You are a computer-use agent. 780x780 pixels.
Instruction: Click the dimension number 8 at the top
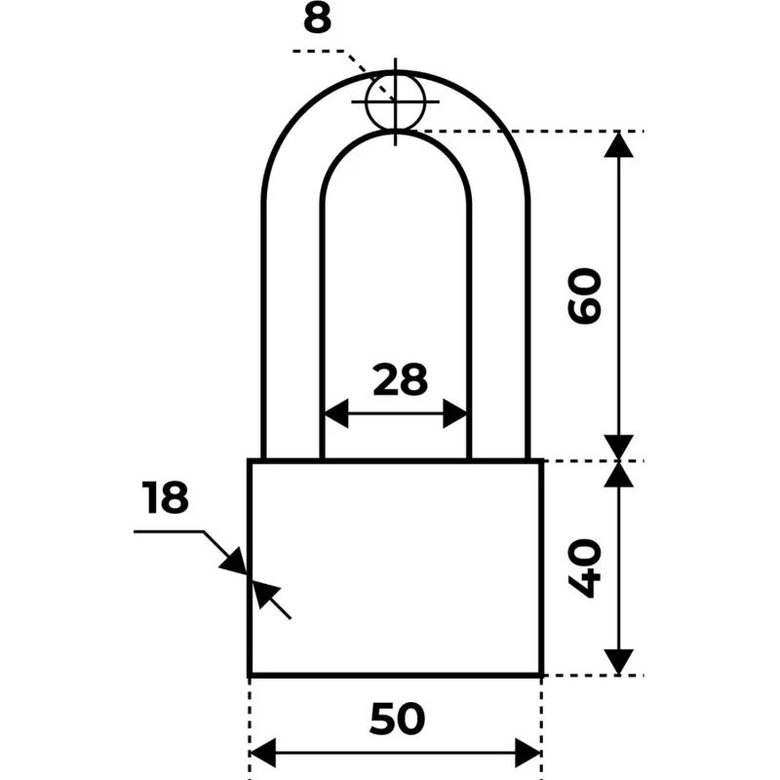point(318,19)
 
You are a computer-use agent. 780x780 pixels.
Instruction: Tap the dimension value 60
point(584,296)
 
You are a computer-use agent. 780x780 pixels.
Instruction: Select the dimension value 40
point(584,568)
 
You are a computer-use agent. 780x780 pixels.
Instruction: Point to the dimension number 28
point(400,380)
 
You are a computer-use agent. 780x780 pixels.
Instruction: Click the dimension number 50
point(398,719)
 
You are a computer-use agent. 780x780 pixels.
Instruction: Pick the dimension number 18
point(165,497)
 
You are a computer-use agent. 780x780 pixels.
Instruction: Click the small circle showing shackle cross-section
point(396,101)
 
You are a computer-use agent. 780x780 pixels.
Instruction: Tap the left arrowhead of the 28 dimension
point(336,412)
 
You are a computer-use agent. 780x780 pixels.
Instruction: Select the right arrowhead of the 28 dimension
point(455,412)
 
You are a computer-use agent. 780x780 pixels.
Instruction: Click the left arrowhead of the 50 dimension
point(262,753)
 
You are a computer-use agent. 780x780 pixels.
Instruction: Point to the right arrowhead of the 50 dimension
point(527,753)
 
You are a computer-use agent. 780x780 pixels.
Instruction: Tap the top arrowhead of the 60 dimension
point(618,144)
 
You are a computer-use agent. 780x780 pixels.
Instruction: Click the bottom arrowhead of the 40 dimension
point(618,662)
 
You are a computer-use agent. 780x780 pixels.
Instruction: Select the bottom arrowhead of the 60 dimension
point(618,448)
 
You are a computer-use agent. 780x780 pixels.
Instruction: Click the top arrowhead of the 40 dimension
point(618,474)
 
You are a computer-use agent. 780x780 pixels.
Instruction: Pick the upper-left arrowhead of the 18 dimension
point(234,562)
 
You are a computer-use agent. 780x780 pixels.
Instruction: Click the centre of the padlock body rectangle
point(396,568)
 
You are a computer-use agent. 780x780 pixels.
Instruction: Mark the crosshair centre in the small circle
point(396,101)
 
